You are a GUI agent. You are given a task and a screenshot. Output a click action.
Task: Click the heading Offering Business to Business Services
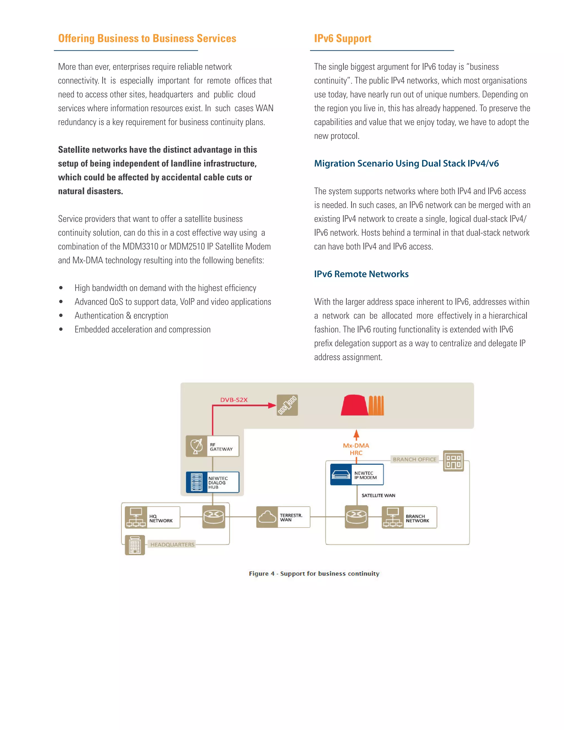[x=147, y=39]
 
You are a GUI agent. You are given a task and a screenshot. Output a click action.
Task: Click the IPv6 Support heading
[x=343, y=39]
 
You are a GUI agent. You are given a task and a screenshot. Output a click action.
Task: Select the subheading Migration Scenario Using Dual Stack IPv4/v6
[x=406, y=163]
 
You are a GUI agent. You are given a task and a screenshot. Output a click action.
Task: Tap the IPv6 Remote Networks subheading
[x=361, y=274]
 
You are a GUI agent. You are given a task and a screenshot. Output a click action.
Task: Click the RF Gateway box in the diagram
[x=213, y=446]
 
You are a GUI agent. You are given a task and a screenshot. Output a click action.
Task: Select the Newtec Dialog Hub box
[x=213, y=482]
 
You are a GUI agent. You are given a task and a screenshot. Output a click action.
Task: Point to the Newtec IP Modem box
[x=357, y=475]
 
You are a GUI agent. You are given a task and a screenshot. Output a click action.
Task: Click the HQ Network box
[x=152, y=517]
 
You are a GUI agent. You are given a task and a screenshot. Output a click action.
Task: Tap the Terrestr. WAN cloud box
[x=283, y=517]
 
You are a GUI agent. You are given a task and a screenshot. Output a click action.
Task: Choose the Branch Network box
[x=409, y=517]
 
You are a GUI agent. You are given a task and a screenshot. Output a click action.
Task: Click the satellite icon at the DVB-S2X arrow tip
[x=287, y=405]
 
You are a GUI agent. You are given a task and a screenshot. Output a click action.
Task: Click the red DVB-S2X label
[x=234, y=400]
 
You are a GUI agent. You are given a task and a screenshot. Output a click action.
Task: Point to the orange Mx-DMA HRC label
[x=356, y=449]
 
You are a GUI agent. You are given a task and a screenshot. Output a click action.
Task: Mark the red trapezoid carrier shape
[x=354, y=405]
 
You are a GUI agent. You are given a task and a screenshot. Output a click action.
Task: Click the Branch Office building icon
[x=453, y=461]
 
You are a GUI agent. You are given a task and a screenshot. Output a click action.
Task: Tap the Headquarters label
[x=172, y=545]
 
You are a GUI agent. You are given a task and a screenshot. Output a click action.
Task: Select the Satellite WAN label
[x=378, y=495]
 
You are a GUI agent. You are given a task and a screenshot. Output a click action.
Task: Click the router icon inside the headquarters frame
[x=214, y=517]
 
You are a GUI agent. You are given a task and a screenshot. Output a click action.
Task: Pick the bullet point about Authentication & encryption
[x=121, y=315]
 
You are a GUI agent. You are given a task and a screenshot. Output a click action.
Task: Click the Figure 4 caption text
[x=314, y=574]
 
